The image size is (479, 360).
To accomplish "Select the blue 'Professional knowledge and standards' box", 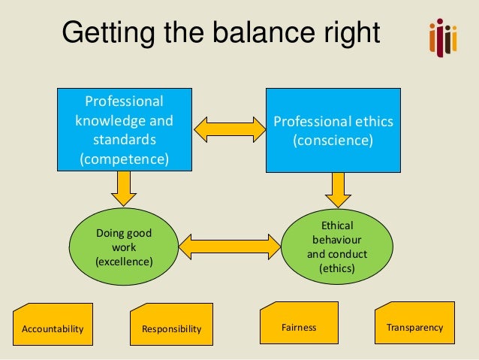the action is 124,130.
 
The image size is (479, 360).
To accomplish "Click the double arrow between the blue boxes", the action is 229,129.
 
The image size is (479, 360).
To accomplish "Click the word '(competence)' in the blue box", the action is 124,159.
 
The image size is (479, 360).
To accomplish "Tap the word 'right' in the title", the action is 351,34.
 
